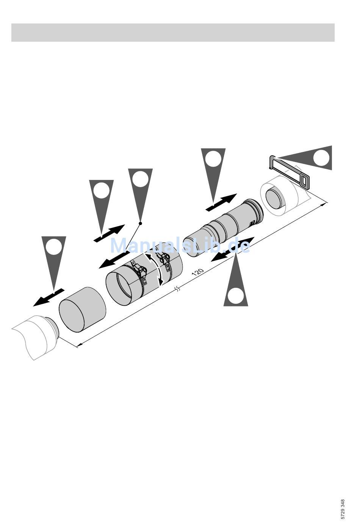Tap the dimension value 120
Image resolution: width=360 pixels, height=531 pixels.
click(197, 272)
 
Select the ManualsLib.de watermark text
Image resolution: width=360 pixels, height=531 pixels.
click(180, 245)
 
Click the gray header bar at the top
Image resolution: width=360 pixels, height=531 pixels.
click(173, 33)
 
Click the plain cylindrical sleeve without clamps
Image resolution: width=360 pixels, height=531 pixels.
click(82, 309)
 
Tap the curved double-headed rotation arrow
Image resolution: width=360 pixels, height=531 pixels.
click(154, 269)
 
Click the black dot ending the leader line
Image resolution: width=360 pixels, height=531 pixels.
click(140, 223)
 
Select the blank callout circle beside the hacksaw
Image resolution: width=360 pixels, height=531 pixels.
click(321, 158)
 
